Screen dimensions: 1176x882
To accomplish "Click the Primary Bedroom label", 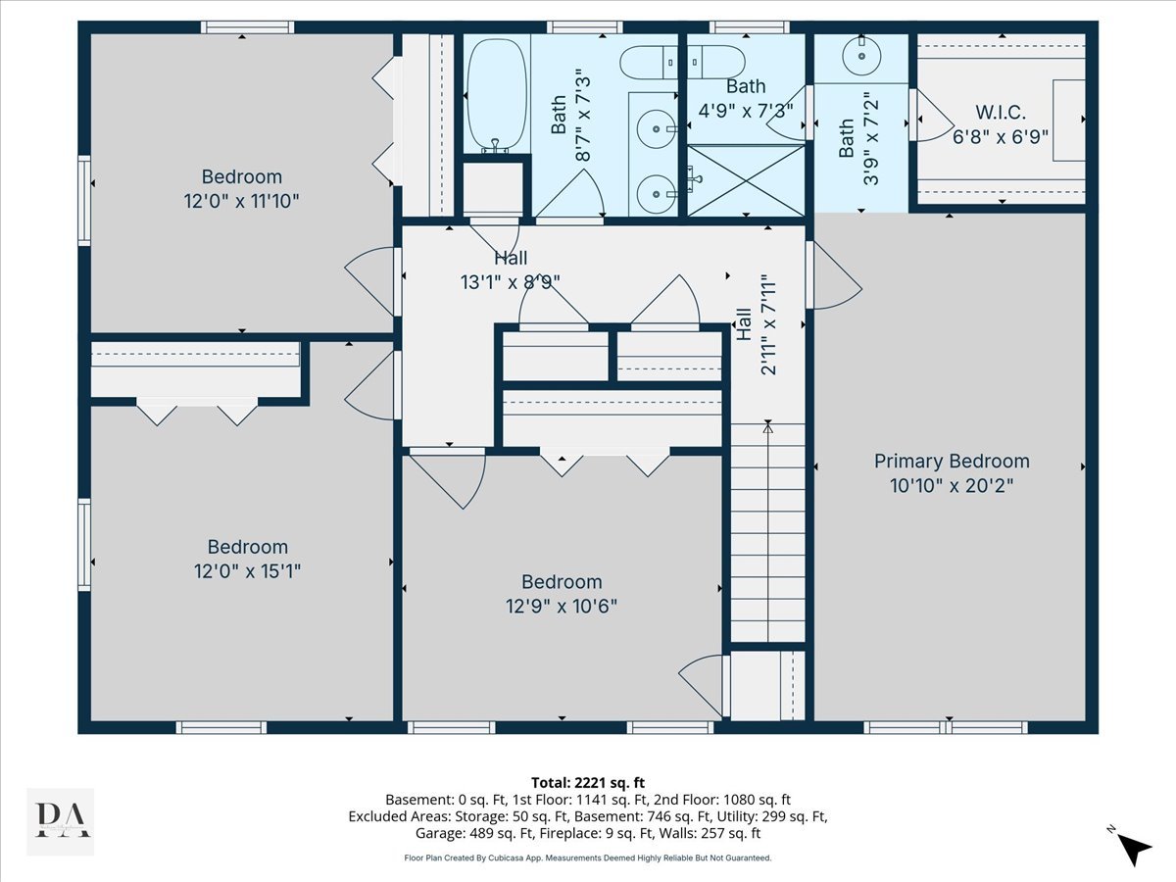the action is click(x=952, y=461).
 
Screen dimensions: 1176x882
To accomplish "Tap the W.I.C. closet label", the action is click(x=1001, y=113).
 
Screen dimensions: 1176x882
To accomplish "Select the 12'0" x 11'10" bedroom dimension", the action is click(x=241, y=201).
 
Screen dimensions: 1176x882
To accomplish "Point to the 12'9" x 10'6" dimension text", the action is click(x=562, y=607).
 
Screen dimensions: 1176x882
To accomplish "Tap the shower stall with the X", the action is click(x=746, y=180).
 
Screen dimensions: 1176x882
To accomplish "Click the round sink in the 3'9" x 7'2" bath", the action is click(x=861, y=56).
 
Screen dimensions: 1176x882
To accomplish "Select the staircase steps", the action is click(x=767, y=532).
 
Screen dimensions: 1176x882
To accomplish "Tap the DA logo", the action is click(x=61, y=821).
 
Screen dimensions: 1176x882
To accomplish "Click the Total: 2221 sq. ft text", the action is click(x=588, y=783).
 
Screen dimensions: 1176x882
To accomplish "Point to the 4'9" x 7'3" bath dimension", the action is click(x=746, y=111).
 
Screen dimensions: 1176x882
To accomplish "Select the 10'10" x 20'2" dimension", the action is click(x=952, y=486).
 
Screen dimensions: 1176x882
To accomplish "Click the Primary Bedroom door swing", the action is click(x=837, y=274).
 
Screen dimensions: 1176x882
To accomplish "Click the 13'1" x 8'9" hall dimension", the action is click(x=510, y=282).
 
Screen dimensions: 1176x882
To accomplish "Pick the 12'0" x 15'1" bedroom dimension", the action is click(x=247, y=571).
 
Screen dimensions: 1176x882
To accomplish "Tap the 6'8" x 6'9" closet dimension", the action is click(x=1001, y=137).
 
